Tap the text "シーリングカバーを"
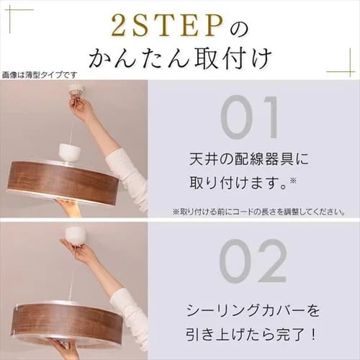click(x=253, y=310)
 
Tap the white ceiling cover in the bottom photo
click(x=74, y=235)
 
